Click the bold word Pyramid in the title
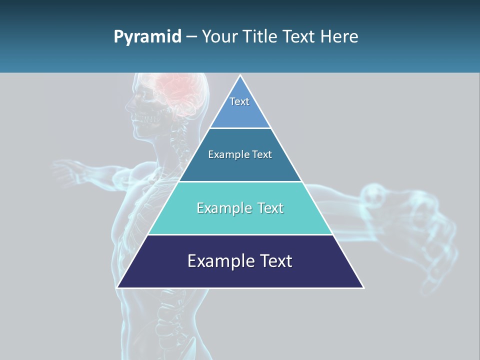147,37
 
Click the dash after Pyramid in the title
191,37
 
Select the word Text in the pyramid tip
239,101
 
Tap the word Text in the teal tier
267,208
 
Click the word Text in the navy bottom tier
274,261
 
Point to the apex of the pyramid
240,76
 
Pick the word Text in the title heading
299,36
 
